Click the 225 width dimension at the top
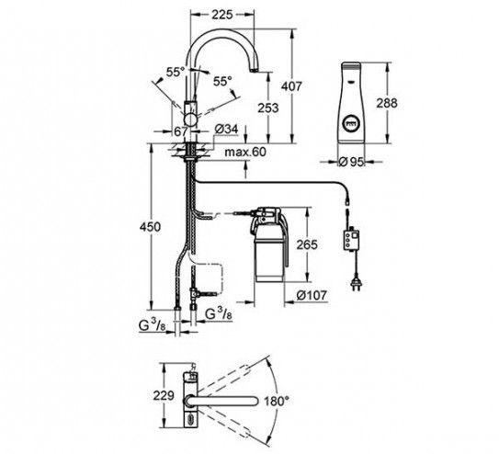coord(222,15)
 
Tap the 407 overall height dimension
coord(291,86)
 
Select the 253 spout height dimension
coord(268,108)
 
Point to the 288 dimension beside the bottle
coord(387,103)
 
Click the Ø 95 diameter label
coord(351,162)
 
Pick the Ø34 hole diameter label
coord(226,130)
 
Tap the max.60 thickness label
coord(245,152)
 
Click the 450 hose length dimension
coord(151,227)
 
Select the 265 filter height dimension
coord(307,244)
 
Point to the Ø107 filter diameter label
coord(312,295)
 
